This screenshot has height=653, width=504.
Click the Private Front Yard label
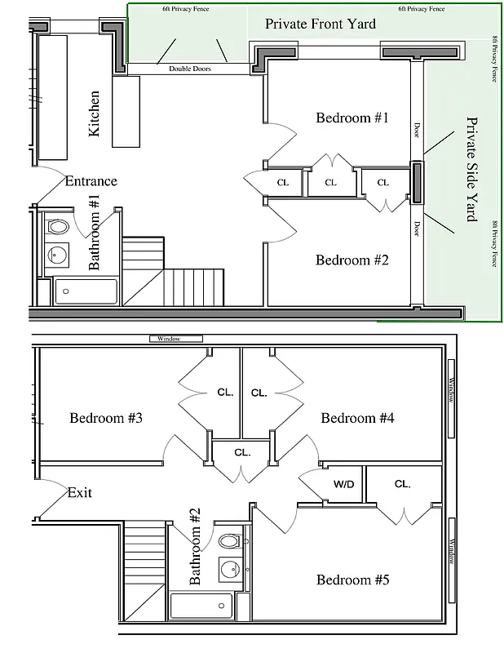click(x=321, y=24)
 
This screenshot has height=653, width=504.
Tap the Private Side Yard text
click(x=471, y=169)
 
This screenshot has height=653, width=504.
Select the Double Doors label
click(x=190, y=69)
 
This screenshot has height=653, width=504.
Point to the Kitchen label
click(x=94, y=113)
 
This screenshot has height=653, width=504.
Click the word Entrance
click(x=91, y=181)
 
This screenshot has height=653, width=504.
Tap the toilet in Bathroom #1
click(x=57, y=226)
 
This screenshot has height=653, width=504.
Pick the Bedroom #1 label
click(x=352, y=118)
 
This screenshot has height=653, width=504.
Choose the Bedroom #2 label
click(x=352, y=260)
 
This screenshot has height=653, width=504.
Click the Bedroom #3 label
click(x=106, y=418)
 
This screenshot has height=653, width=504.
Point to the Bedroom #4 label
click(x=357, y=418)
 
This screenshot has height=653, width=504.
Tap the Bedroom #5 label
click(x=352, y=580)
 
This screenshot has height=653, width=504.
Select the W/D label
click(x=343, y=484)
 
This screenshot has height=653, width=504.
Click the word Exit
click(x=80, y=492)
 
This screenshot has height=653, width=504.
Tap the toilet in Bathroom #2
click(x=230, y=541)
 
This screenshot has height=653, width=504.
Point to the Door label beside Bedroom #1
click(x=417, y=131)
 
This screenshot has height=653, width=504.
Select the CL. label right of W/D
click(x=402, y=484)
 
